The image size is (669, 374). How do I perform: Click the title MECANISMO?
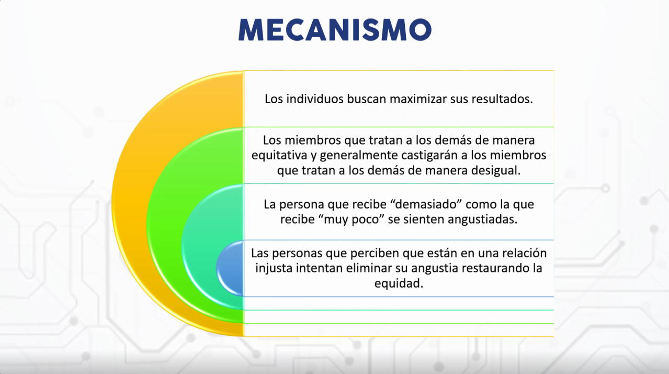pyautogui.click(x=335, y=30)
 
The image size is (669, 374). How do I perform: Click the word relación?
pyautogui.click(x=524, y=253)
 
